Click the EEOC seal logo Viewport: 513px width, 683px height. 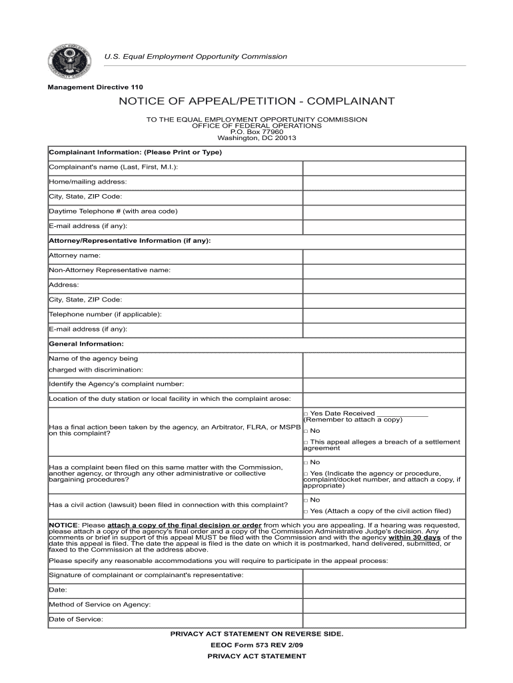point(67,63)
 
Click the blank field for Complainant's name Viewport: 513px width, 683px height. point(384,167)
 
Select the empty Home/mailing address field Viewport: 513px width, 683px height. point(384,182)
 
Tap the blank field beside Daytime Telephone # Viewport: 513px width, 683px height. point(384,211)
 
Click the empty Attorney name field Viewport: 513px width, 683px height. point(384,256)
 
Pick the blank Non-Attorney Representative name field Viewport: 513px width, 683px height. point(384,271)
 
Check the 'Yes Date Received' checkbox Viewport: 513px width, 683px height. point(306,414)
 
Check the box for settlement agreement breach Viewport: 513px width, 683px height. point(306,442)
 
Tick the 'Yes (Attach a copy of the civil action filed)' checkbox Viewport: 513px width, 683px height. point(306,512)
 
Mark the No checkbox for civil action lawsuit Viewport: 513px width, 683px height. point(306,500)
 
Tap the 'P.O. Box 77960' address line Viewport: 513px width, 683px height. point(256,132)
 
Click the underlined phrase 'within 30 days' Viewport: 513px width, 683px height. point(414,537)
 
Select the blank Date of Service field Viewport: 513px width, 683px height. point(384,620)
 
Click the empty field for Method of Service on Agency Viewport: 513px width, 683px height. point(384,605)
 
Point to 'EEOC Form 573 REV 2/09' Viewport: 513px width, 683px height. point(256,645)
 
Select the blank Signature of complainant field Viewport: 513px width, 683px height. point(384,575)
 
